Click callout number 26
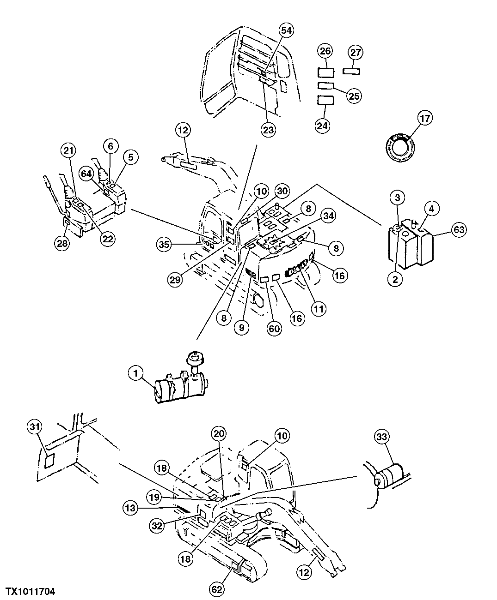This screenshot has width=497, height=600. pos(326,50)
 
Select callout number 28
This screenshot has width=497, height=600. pos(63,244)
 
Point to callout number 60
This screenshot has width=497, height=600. pos(275,329)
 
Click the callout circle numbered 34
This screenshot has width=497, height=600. pos(329,215)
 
